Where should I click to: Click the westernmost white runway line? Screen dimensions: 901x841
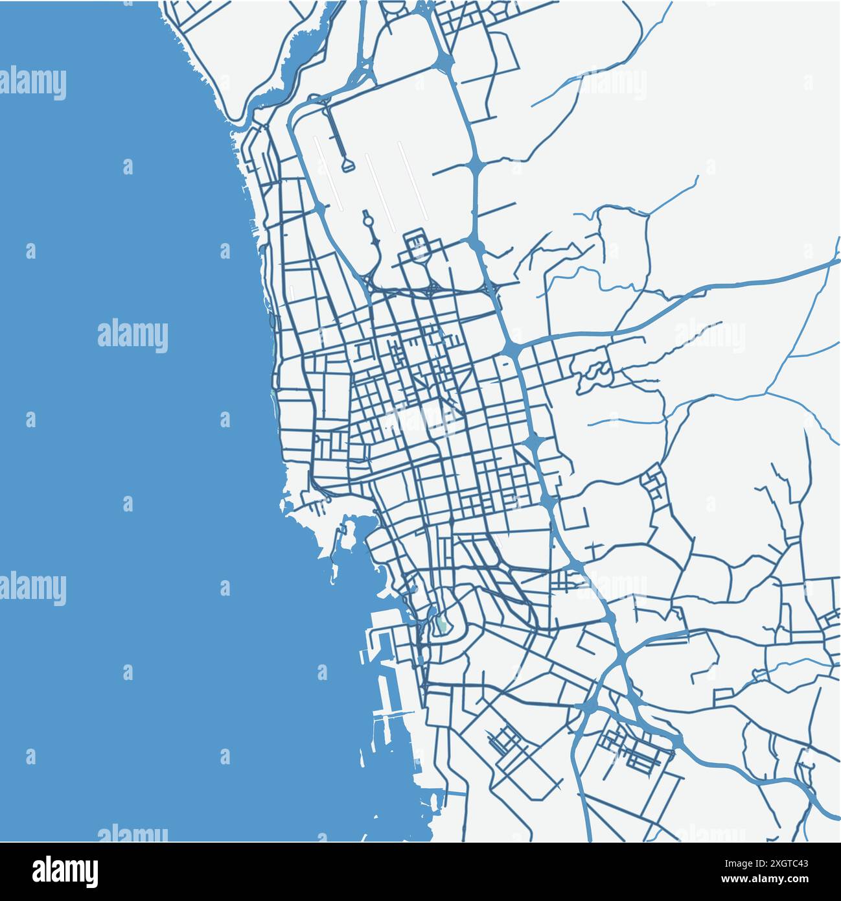coord(328,172)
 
